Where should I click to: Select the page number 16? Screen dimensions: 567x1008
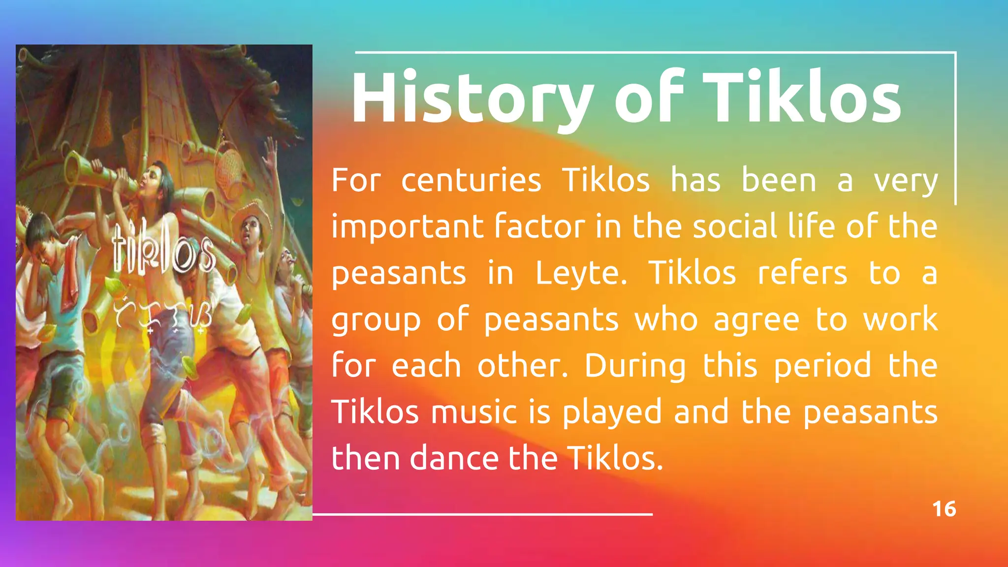[944, 509]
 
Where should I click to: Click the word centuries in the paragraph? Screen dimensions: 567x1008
[471, 181]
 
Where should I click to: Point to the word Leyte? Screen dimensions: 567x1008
[581, 273]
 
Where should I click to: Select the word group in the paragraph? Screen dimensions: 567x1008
[376, 320]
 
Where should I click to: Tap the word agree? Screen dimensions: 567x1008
[756, 320]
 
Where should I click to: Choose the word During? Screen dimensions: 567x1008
[635, 367]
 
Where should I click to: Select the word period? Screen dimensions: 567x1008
[822, 367]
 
